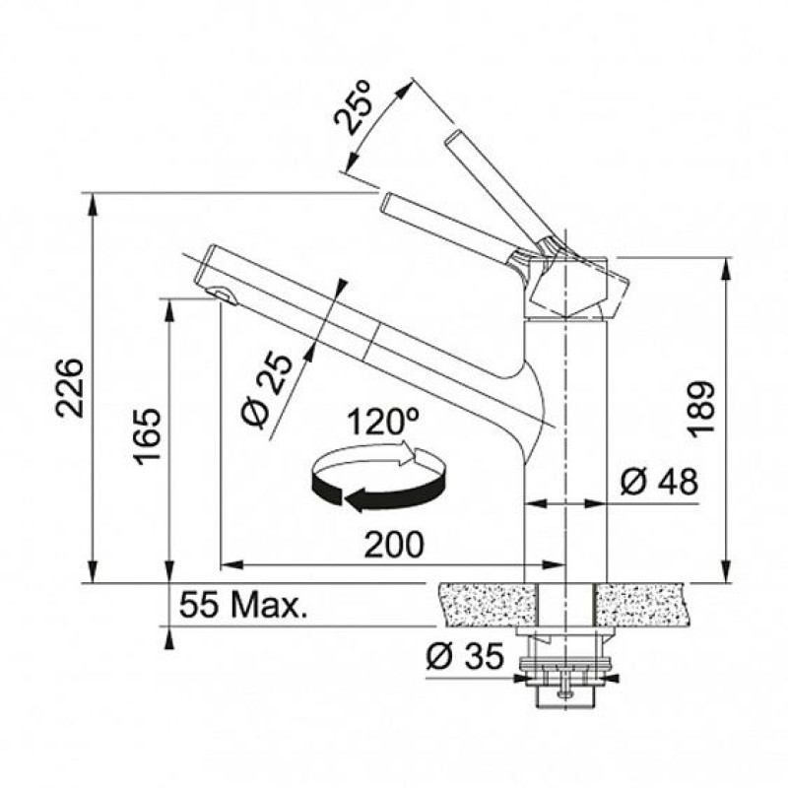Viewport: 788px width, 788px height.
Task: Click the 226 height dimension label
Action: tap(69, 387)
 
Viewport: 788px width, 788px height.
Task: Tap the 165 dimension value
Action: tap(147, 436)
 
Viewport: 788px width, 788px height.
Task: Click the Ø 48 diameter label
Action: tap(659, 481)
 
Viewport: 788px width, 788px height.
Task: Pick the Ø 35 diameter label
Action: tap(464, 655)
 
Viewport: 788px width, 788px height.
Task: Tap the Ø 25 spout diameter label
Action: tap(266, 390)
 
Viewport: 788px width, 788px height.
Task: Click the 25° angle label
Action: tap(354, 106)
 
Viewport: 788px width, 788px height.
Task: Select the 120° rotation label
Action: tap(383, 422)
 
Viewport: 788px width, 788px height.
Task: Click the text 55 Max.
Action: tap(242, 605)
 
